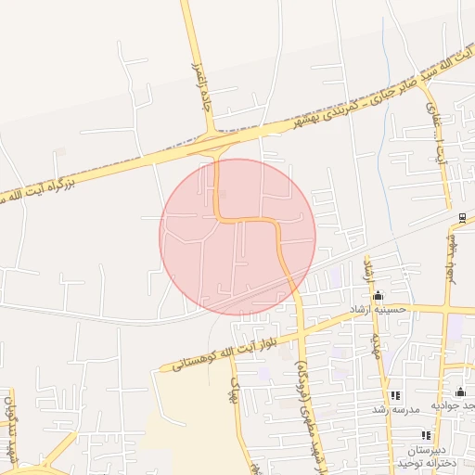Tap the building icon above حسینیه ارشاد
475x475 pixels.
click(x=378, y=296)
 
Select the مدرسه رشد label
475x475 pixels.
click(x=396, y=408)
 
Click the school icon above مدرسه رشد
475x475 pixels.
click(x=395, y=395)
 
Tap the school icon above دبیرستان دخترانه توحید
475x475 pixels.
click(x=426, y=435)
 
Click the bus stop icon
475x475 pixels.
click(x=462, y=218)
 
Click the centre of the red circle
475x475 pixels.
click(x=237, y=237)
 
